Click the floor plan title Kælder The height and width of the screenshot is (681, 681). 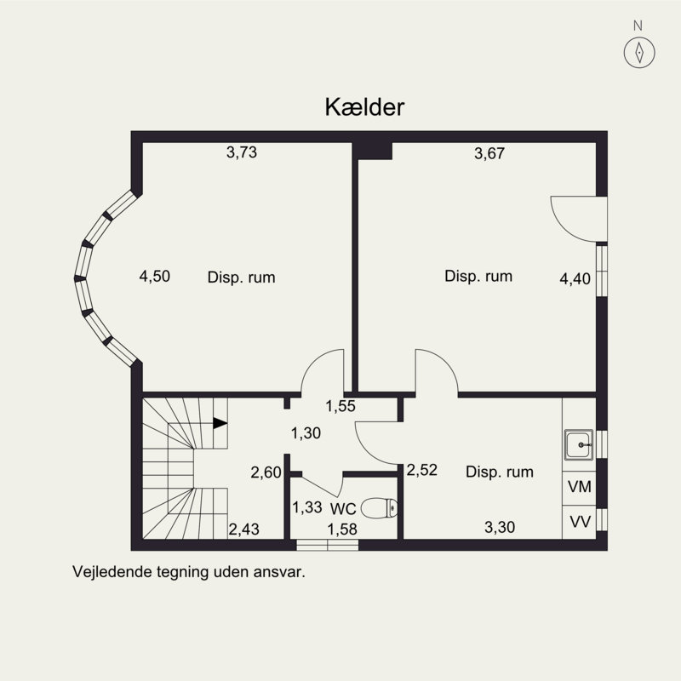pyautogui.click(x=365, y=107)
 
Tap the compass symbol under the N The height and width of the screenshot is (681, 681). pyautogui.click(x=639, y=53)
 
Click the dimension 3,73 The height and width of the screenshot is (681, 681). pyautogui.click(x=242, y=152)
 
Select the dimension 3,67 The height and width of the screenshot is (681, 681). pyautogui.click(x=489, y=153)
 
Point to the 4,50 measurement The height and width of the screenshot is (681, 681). pyautogui.click(x=155, y=276)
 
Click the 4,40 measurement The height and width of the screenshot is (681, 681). pyautogui.click(x=575, y=279)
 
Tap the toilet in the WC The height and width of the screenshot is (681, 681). pyautogui.click(x=379, y=508)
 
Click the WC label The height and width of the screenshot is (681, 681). pyautogui.click(x=343, y=508)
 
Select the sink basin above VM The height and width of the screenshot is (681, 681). pyautogui.click(x=579, y=444)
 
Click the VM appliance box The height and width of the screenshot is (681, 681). pyautogui.click(x=580, y=488)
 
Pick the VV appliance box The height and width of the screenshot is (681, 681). pyautogui.click(x=580, y=522)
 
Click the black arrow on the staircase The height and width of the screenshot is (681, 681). pyautogui.click(x=220, y=423)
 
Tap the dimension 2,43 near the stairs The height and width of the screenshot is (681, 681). pyautogui.click(x=244, y=529)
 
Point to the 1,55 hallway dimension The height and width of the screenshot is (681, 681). pyautogui.click(x=340, y=406)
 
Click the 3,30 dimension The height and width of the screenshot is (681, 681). pyautogui.click(x=500, y=527)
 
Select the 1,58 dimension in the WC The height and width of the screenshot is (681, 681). pyautogui.click(x=342, y=529)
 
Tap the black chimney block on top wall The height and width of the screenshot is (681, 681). pyautogui.click(x=372, y=151)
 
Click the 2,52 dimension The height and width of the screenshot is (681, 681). pyautogui.click(x=421, y=470)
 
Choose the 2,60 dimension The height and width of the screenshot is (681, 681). pyautogui.click(x=266, y=472)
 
